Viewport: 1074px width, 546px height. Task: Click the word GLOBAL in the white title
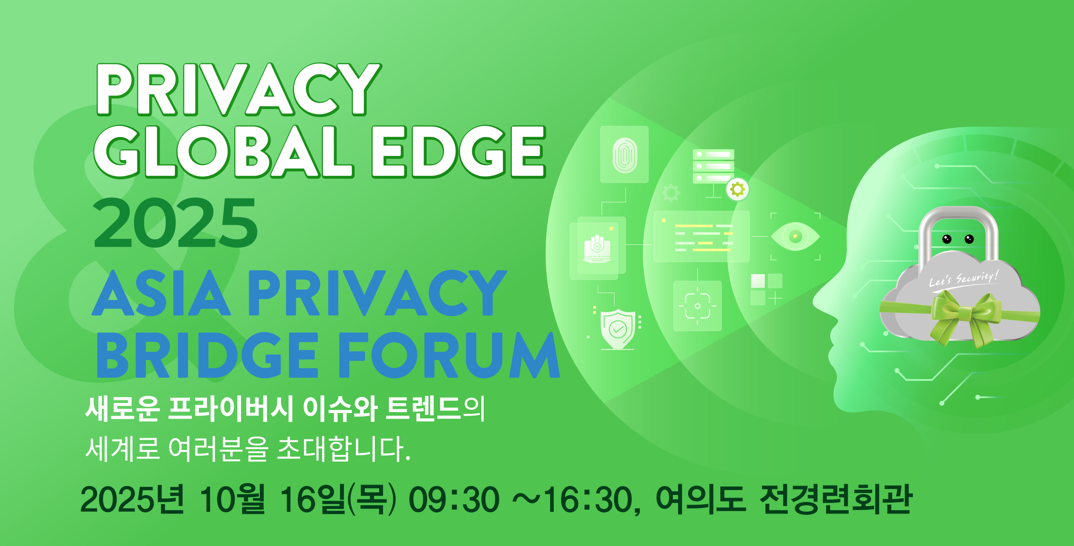tap(224, 152)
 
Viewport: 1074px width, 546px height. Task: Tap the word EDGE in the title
tap(458, 152)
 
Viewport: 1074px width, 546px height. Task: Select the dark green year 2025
tap(176, 223)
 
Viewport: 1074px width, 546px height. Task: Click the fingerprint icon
tap(624, 155)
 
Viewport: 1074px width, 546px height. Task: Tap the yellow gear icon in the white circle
tap(737, 189)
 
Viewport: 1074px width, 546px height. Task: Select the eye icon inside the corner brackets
tap(795, 236)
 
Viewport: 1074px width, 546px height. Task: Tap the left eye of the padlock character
tap(947, 239)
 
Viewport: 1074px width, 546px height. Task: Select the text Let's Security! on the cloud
tap(964, 278)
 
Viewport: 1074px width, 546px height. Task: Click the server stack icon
tap(713, 166)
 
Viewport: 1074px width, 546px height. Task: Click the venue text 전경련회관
tap(835, 499)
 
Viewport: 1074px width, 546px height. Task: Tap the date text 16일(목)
tap(338, 499)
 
